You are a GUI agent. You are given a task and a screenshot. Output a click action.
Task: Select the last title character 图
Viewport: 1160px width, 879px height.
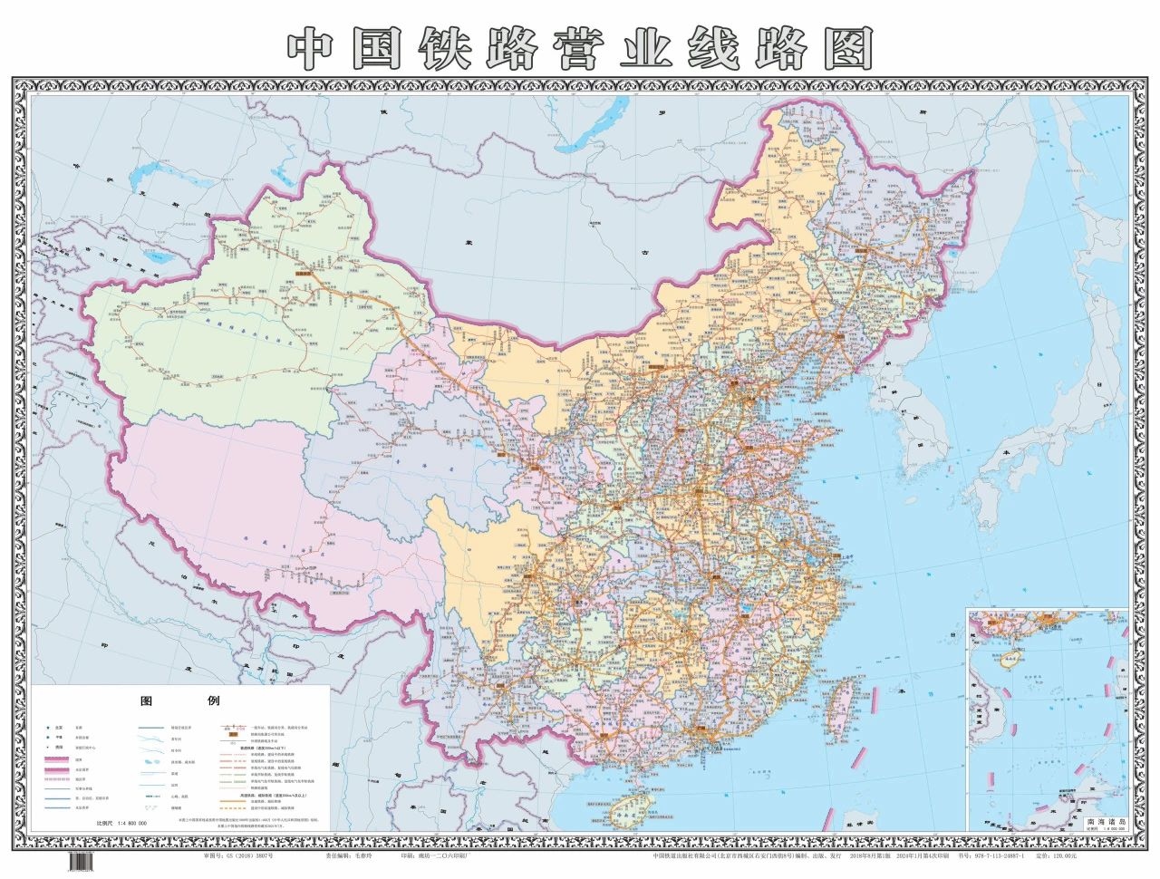pos(846,48)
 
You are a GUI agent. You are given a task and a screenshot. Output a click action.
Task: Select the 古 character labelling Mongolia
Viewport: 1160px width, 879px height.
pos(645,255)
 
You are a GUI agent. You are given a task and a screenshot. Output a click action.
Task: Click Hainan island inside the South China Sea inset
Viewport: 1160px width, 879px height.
pos(1006,657)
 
